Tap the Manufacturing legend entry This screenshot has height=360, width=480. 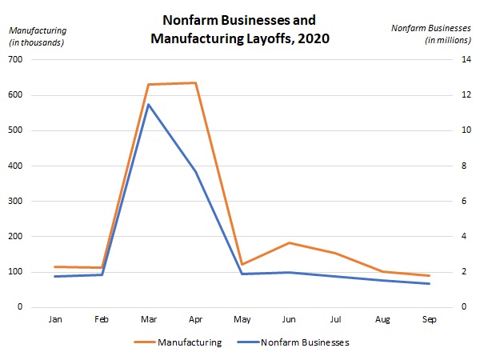pos(189,342)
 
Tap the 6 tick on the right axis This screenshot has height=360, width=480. pos(458,202)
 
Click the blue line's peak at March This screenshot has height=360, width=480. pos(149,105)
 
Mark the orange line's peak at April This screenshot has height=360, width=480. pos(195,83)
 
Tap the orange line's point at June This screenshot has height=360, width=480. pos(289,242)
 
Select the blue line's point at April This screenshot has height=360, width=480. pos(195,170)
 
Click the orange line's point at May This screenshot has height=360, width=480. pos(242,264)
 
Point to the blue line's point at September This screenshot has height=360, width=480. pos(430,283)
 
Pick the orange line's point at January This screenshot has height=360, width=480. pos(55,266)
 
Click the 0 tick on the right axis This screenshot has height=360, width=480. pos(458,307)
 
